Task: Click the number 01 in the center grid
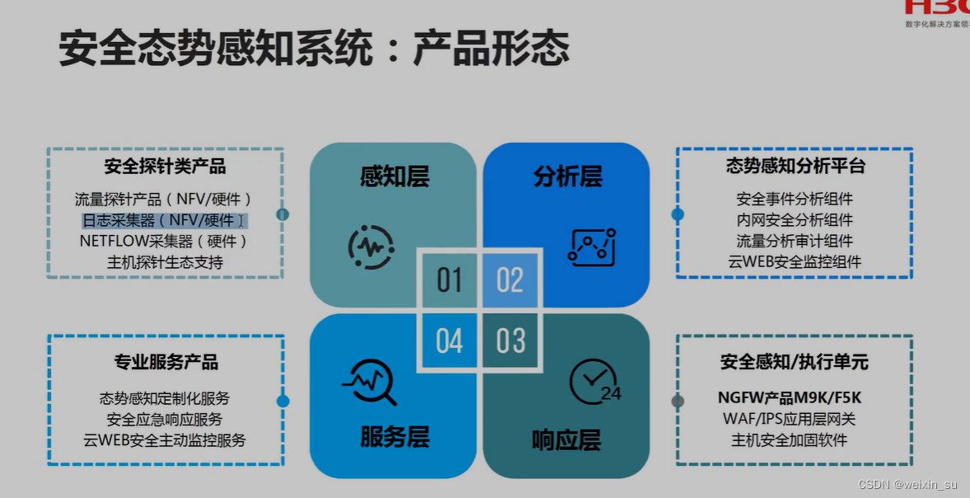[x=449, y=280]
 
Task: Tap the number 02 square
[x=509, y=280]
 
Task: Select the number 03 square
[x=510, y=341]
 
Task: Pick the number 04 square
[x=449, y=341]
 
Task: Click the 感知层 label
[x=394, y=176]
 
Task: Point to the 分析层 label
[x=567, y=176]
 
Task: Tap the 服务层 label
[x=394, y=437]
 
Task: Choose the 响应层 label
[x=566, y=440]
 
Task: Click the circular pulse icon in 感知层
[x=371, y=247]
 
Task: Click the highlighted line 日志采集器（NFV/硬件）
[x=163, y=220]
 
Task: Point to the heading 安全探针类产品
[x=165, y=167]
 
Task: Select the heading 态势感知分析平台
[x=795, y=166]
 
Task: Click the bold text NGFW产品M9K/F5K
[x=790, y=398]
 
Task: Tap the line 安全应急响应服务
[x=165, y=419]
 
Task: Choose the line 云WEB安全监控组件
[x=794, y=261]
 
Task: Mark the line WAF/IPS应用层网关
[x=790, y=419]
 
